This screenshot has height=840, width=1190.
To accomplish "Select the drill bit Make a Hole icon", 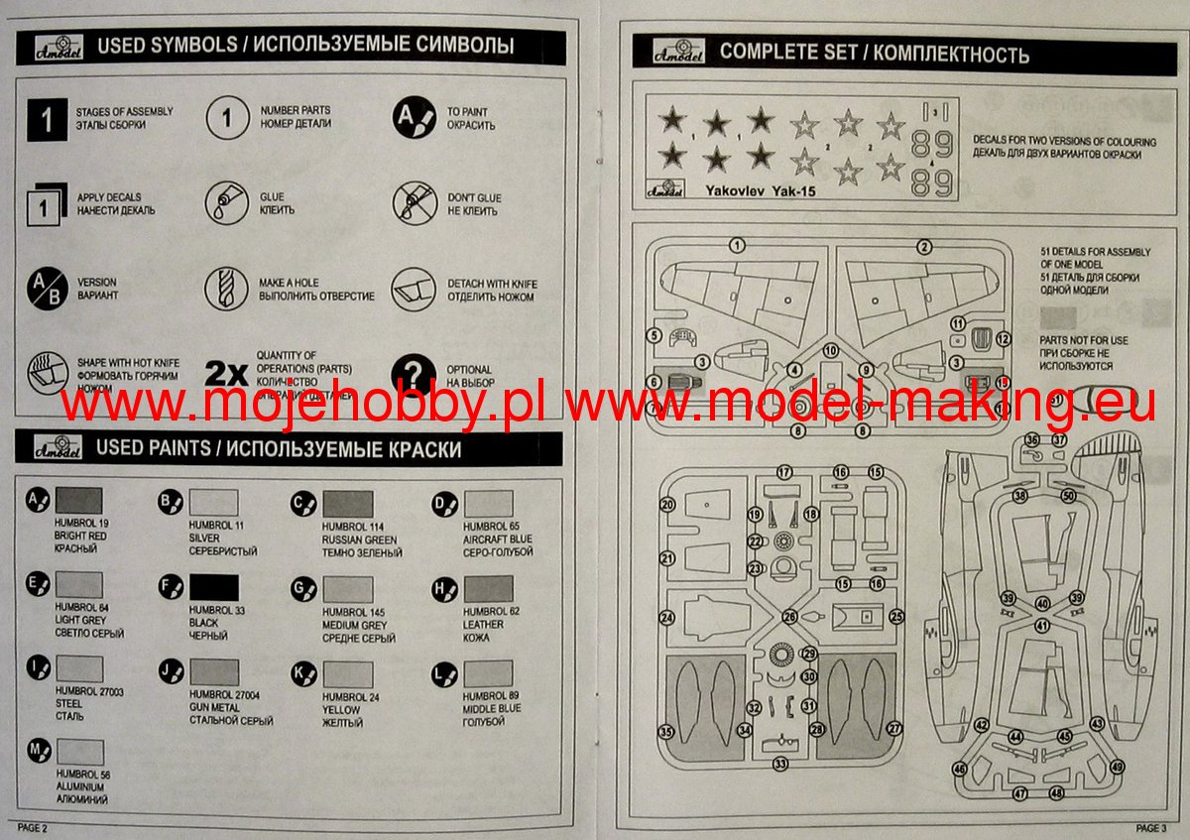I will tap(226, 289).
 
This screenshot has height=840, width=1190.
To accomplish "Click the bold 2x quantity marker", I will tap(225, 374).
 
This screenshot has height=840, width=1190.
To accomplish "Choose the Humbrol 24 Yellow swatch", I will tap(347, 674).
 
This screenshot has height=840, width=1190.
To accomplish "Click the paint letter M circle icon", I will tap(39, 750).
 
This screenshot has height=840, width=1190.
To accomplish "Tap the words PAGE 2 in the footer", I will tap(32, 827).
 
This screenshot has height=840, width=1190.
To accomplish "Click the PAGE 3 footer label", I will tap(1151, 827).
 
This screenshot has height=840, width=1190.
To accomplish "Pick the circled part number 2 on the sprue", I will tap(923, 246).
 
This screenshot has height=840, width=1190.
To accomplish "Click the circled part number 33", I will tap(780, 764).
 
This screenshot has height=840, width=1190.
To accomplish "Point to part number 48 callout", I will tap(1056, 792).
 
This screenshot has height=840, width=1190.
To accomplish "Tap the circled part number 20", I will tap(667, 505).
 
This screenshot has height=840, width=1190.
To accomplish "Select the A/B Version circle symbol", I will tap(44, 289).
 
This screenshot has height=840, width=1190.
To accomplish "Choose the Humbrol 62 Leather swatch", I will tap(488, 589).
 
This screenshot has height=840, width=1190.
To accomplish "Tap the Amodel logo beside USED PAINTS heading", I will tap(52, 447).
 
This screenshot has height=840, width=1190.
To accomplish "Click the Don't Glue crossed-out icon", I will tap(414, 203).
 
